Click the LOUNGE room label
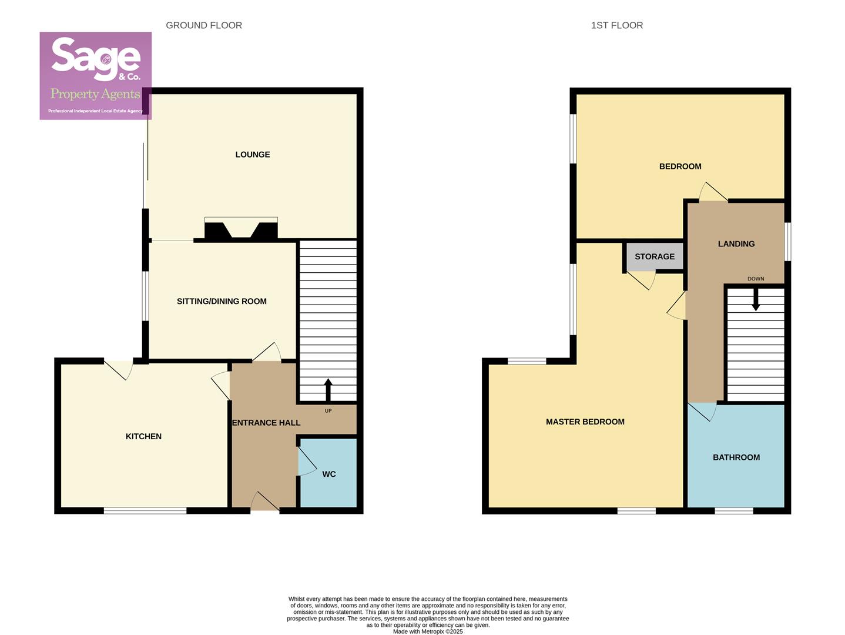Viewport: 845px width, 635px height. point(253,155)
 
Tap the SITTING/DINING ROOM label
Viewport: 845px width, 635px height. point(222,302)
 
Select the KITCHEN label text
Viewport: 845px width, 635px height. point(143,436)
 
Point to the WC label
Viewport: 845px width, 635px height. point(329,474)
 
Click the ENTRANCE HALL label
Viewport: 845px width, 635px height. point(266,423)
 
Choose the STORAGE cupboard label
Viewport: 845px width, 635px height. point(655,257)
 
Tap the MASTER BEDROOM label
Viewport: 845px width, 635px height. point(585,422)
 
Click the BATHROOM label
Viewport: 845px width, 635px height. point(736,457)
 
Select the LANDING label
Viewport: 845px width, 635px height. point(736,244)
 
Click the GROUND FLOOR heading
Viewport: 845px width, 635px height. point(204,25)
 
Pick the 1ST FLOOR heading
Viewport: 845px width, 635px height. point(617,25)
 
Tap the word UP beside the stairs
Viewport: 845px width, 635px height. point(328,411)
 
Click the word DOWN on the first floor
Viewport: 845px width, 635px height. point(756,279)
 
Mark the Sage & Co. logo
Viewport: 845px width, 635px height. point(96,76)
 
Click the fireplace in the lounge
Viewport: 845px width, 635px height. point(241,229)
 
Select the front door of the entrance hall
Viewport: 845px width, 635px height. point(265,503)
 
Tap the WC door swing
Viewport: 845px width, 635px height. point(306,462)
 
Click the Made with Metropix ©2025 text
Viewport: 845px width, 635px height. point(428,631)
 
